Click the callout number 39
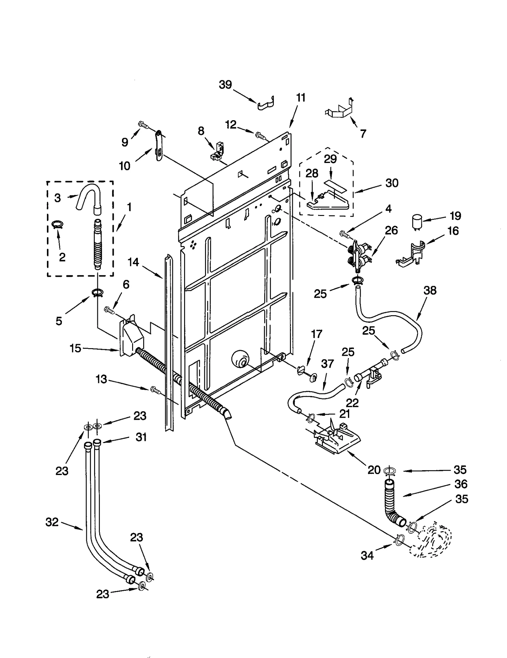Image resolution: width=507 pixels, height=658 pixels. click(x=225, y=85)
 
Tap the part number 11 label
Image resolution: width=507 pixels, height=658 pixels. click(x=300, y=98)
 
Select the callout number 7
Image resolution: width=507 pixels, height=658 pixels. click(x=363, y=134)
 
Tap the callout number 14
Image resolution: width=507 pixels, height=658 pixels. click(x=133, y=262)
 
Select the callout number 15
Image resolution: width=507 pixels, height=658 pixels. click(x=75, y=348)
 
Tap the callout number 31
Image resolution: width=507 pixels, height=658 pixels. click(x=141, y=437)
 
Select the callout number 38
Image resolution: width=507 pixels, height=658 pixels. click(x=430, y=290)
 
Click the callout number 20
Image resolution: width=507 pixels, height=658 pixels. click(x=374, y=470)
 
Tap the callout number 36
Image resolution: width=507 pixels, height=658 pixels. click(x=461, y=484)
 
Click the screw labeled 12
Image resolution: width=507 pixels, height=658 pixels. click(x=260, y=135)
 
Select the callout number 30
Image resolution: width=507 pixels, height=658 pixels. click(x=392, y=183)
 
